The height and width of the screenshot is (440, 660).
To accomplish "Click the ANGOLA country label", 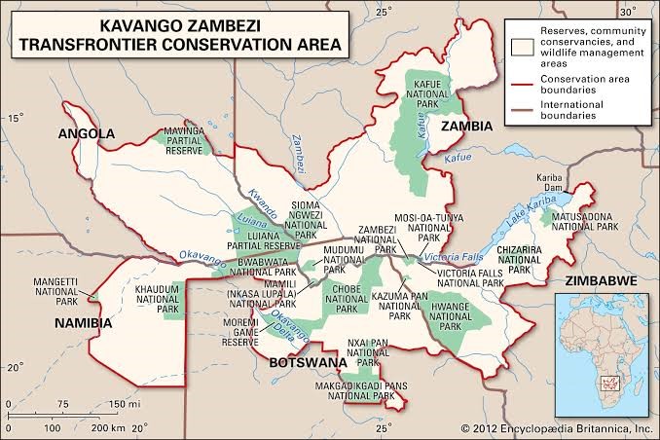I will (88, 133).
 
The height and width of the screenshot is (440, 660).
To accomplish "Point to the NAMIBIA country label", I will (83, 322).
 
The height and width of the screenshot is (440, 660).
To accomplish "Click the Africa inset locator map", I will (603, 347).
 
